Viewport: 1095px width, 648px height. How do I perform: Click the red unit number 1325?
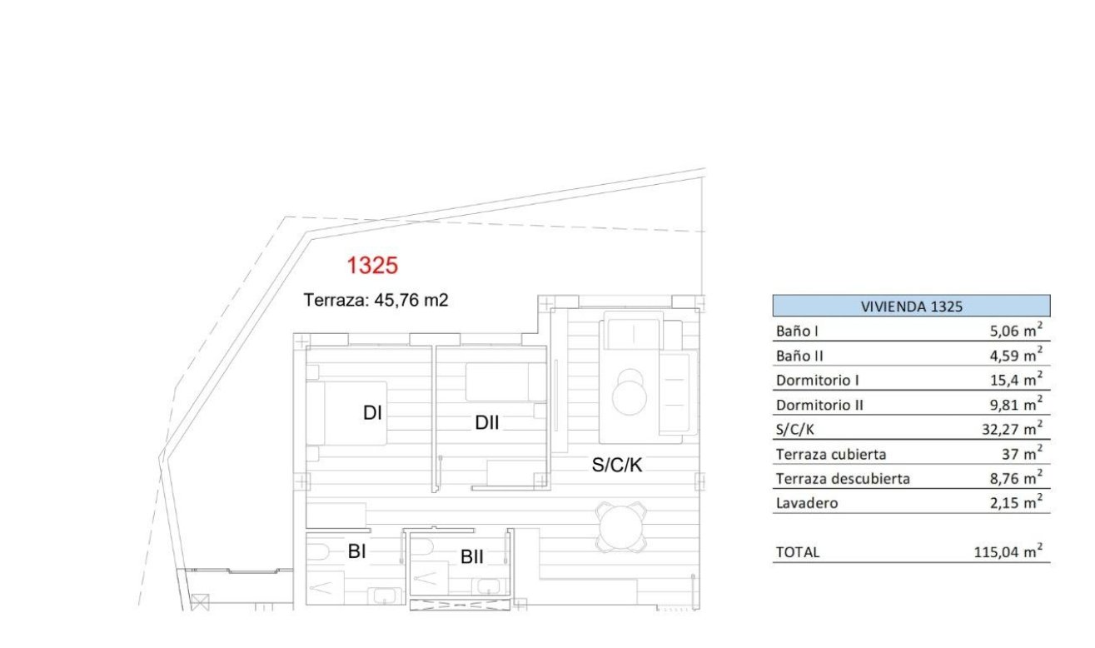coord(372,266)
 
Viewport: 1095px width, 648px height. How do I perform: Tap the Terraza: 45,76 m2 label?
coord(376,300)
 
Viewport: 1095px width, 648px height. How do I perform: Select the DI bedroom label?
coord(372,412)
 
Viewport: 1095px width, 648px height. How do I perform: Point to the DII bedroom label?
coord(487,423)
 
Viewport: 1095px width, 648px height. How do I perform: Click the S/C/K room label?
coord(617,466)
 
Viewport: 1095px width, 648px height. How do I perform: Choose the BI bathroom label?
coord(357,551)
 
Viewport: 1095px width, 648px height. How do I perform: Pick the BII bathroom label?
coord(472,556)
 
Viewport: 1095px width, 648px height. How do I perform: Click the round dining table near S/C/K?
coord(620,526)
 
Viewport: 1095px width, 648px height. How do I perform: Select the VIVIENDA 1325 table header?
coord(911,306)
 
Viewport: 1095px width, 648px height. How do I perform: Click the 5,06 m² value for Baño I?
coord(1011,331)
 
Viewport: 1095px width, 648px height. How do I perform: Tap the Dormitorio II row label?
coord(819,405)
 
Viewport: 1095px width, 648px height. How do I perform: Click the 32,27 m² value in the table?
coord(1008,430)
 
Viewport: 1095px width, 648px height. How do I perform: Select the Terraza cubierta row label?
coord(830,455)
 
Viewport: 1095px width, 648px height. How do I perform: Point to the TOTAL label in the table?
coord(798,552)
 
